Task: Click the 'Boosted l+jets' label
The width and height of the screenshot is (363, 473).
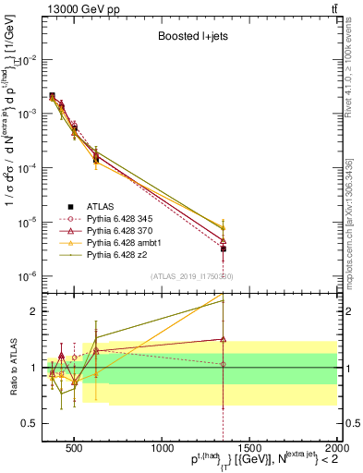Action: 192,38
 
